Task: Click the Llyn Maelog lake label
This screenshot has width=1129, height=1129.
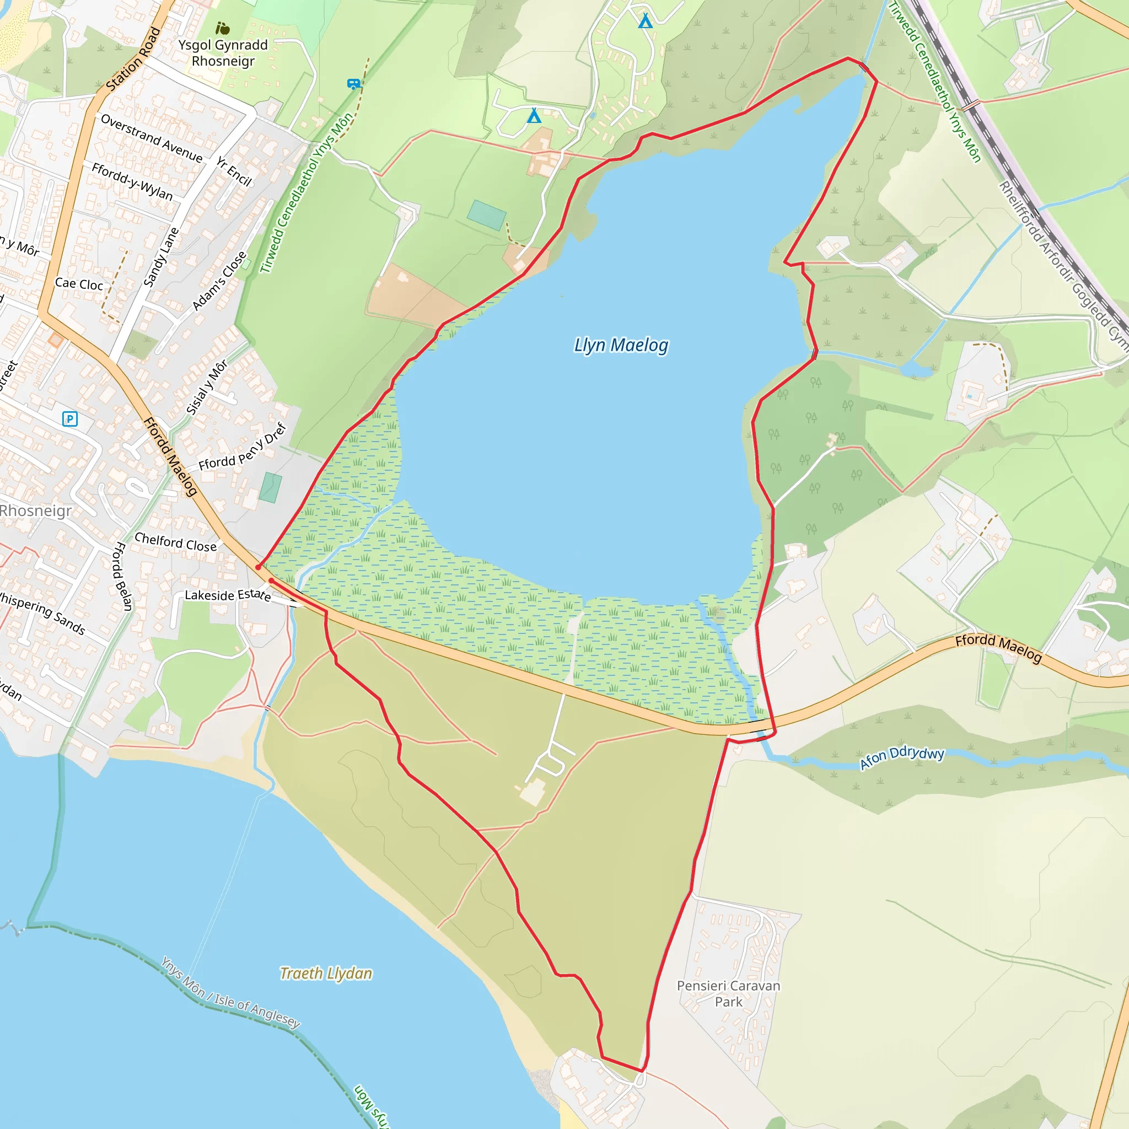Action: pos(621,345)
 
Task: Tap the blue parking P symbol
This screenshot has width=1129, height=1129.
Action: pos(70,419)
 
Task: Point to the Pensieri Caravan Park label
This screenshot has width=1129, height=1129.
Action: pos(728,993)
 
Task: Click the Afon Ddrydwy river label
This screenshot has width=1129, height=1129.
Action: pos(902,757)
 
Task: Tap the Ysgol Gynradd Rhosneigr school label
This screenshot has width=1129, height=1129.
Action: pos(223,52)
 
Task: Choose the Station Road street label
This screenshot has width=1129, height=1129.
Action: pos(133,59)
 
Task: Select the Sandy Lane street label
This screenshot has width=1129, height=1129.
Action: pos(161,257)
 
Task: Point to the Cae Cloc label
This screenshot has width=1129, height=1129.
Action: pos(79,284)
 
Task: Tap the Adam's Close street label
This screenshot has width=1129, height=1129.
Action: pos(219,281)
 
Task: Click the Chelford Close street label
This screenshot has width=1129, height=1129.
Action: pos(175,542)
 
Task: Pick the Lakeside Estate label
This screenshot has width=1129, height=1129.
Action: pos(228,595)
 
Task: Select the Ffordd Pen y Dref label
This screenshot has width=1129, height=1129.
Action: pos(243,447)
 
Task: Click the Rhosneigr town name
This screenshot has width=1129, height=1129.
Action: pos(35,510)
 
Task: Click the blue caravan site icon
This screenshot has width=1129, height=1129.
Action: pos(353,84)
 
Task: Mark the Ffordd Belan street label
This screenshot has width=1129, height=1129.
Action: pos(122,576)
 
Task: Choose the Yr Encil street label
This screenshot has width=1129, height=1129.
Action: pos(234,171)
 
